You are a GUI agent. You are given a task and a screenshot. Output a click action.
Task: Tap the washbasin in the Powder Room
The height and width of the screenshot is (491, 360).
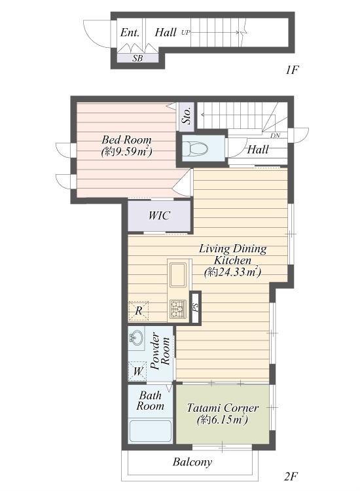click(136, 338)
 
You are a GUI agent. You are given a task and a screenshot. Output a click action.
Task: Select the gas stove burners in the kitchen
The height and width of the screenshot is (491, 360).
click(178, 309)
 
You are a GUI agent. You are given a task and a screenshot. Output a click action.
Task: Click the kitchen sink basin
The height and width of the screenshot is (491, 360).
click(178, 275)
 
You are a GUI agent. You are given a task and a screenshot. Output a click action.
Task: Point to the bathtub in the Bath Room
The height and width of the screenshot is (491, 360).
click(151, 431)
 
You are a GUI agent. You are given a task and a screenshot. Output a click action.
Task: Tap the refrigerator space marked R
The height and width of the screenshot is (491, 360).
click(138, 311)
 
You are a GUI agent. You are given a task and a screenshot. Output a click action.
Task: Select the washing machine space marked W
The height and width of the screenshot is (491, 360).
click(137, 371)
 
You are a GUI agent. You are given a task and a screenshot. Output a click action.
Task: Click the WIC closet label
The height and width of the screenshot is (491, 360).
click(159, 216)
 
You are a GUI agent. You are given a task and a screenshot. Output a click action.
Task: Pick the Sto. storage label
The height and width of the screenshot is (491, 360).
click(187, 116)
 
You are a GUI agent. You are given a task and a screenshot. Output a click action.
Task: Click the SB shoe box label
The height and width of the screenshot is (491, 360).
click(137, 58)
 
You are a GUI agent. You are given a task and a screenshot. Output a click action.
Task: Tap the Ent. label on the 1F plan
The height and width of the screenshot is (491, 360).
click(130, 33)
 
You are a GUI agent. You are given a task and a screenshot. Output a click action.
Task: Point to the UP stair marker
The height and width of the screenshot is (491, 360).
click(186, 32)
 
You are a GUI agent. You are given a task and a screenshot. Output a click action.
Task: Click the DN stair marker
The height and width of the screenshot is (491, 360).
click(275, 136)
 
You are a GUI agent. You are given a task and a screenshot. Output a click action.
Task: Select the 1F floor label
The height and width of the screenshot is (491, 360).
click(291, 69)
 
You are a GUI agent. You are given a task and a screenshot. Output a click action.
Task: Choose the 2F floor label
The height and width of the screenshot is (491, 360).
click(291, 477)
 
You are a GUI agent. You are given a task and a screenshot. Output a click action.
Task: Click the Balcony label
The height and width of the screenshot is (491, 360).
click(192, 462)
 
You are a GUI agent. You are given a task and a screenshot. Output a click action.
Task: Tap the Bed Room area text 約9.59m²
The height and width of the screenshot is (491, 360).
click(126, 152)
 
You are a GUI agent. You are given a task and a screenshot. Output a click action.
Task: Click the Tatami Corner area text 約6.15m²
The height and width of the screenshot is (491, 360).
click(223, 420)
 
